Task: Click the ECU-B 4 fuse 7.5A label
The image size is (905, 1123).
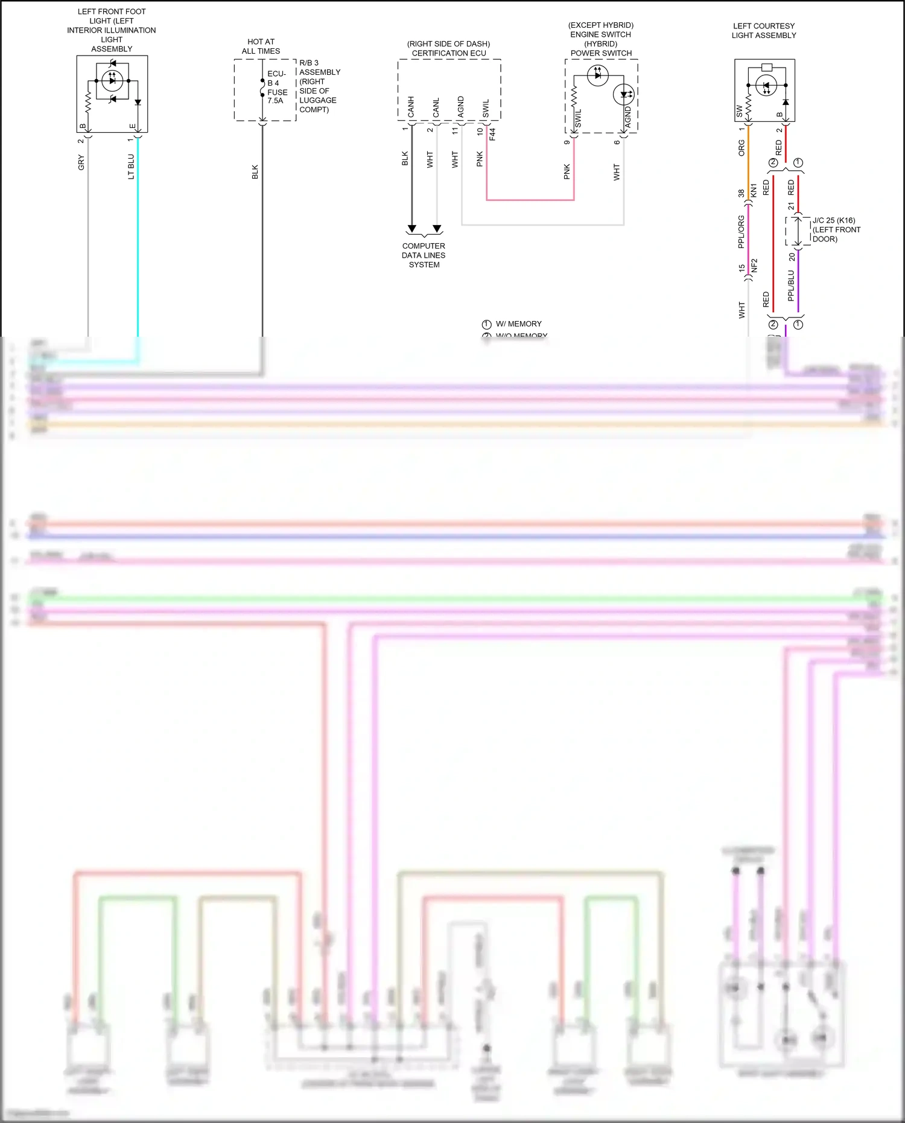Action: coord(277,87)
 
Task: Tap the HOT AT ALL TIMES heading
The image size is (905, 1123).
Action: coord(261,46)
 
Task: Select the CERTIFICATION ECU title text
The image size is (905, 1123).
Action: coord(448,53)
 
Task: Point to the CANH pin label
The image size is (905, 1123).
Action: coord(411,107)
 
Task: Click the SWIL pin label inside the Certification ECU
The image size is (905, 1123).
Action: coord(486,108)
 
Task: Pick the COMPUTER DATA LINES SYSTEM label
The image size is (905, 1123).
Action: coord(424,255)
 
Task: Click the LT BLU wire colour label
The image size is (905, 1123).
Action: coord(131,167)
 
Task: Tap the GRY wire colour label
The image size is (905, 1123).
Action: coord(81,162)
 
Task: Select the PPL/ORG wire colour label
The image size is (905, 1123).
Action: coord(741,232)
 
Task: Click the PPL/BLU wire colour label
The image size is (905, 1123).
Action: coord(791,285)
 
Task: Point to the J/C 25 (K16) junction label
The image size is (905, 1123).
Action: coord(836,229)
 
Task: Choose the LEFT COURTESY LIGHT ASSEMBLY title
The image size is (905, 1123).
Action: coord(764,31)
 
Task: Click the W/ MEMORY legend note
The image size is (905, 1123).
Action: coord(518,324)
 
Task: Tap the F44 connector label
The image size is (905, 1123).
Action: coord(492,134)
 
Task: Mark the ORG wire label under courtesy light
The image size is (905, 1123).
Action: coord(741,148)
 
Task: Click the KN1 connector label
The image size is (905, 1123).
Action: coord(754,191)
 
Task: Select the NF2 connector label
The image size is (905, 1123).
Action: coord(754,266)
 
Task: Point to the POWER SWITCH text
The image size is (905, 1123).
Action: coord(601,53)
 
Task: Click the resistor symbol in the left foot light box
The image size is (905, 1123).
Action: coord(88,101)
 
